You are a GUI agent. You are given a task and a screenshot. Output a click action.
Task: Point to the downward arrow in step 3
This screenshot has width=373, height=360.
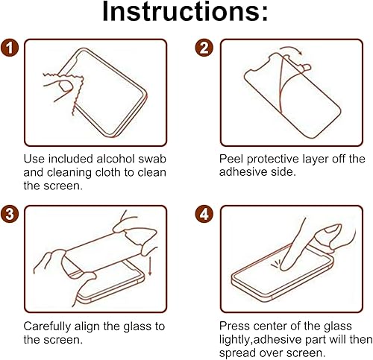click(x=148, y=264)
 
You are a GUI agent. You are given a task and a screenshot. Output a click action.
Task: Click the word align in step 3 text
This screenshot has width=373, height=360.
click(x=93, y=326)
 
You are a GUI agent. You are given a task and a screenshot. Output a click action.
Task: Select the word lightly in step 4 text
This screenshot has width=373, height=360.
click(x=237, y=339)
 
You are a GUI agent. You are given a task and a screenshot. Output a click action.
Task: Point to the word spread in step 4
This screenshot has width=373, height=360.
click(x=238, y=353)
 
